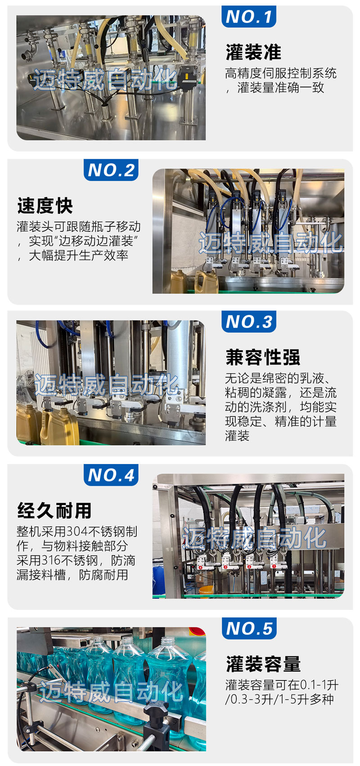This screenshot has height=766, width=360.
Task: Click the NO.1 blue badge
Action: coord(248,16)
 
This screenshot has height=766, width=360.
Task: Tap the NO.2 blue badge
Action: coord(111,170)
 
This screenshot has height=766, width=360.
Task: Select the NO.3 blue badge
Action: coord(248,321)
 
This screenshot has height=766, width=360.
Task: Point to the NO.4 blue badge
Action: coord(111,475)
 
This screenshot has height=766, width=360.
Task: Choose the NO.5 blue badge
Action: coord(249,628)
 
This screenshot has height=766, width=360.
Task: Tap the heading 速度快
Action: coord(45,206)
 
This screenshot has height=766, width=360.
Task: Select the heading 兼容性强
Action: coord(262,357)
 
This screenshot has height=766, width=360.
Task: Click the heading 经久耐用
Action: coord(54,510)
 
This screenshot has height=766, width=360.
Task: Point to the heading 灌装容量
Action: coord(263,664)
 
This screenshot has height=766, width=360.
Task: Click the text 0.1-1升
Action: coord(319,685)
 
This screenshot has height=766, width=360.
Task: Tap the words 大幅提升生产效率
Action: coord(79,256)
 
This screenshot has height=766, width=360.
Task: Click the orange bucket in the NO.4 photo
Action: coord(206,590)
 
